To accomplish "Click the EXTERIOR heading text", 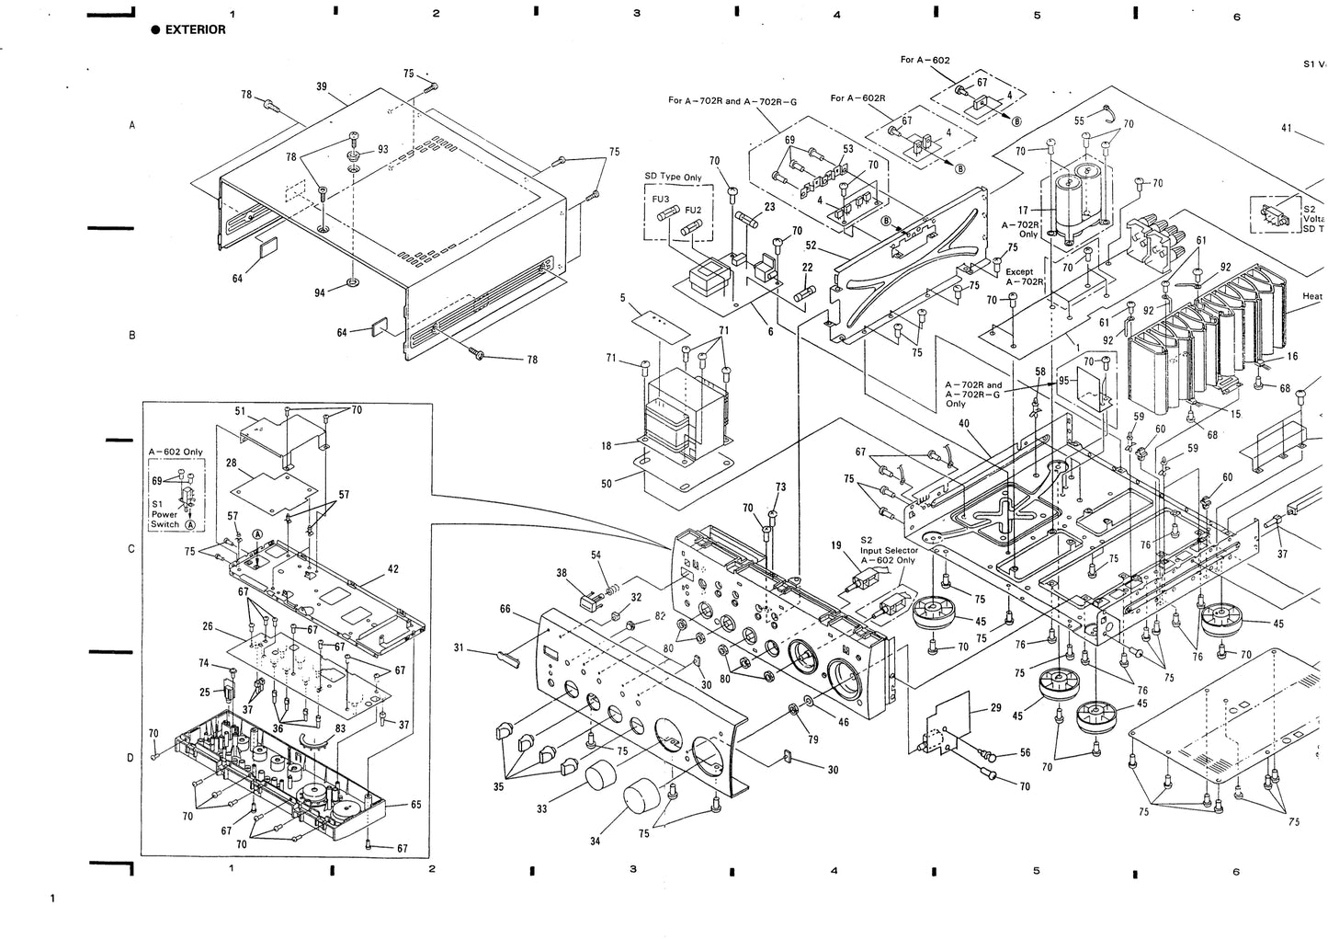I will tap(195, 29).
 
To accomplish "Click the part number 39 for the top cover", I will tap(322, 86).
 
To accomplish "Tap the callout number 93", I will tap(382, 150).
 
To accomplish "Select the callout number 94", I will tap(320, 292).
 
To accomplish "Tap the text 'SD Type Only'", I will tap(671, 177).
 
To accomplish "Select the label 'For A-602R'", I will tap(857, 98).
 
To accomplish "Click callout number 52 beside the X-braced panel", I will tap(811, 246).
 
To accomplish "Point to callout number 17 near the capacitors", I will tap(1023, 210).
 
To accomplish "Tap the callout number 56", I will tap(1025, 752).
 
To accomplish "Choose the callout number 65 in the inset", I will tap(415, 805).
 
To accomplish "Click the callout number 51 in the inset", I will tap(240, 411).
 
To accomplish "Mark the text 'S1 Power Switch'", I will tap(165, 514).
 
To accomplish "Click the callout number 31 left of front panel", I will tap(459, 647).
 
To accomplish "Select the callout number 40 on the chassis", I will tap(963, 424).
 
